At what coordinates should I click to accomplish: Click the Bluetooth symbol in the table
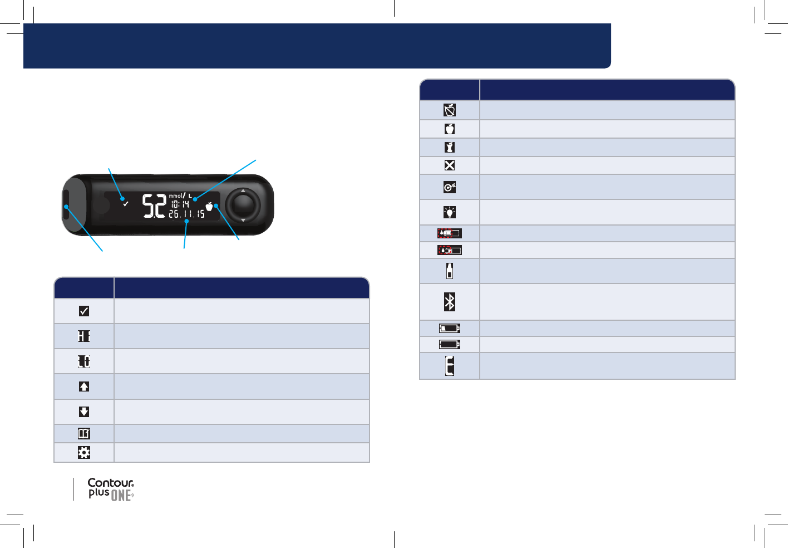pyautogui.click(x=450, y=302)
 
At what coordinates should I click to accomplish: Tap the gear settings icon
pyautogui.click(x=84, y=452)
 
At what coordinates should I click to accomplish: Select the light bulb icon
pyautogui.click(x=450, y=212)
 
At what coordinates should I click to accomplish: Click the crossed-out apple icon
pyautogui.click(x=450, y=110)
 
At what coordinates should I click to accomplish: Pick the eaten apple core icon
pyautogui.click(x=450, y=147)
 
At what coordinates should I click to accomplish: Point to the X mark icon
pyautogui.click(x=450, y=165)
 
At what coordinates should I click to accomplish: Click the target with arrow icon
pyautogui.click(x=450, y=187)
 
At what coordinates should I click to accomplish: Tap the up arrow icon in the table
pyautogui.click(x=84, y=386)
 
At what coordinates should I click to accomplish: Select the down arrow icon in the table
pyautogui.click(x=84, y=412)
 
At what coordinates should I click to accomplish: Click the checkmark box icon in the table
pyautogui.click(x=84, y=311)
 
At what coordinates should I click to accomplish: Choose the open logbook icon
pyautogui.click(x=84, y=433)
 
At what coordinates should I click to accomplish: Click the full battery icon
pyautogui.click(x=450, y=344)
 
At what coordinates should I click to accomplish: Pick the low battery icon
pyautogui.click(x=450, y=328)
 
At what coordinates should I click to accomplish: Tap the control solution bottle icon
pyautogui.click(x=450, y=271)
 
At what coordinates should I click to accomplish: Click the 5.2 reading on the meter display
pyautogui.click(x=154, y=205)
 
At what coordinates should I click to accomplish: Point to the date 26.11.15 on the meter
pyautogui.click(x=186, y=214)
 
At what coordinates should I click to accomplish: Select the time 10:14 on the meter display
pyautogui.click(x=180, y=204)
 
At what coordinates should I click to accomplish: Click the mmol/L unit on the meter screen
pyautogui.click(x=180, y=195)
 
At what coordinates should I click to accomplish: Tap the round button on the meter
pyautogui.click(x=243, y=205)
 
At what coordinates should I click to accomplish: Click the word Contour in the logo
pyautogui.click(x=111, y=483)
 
